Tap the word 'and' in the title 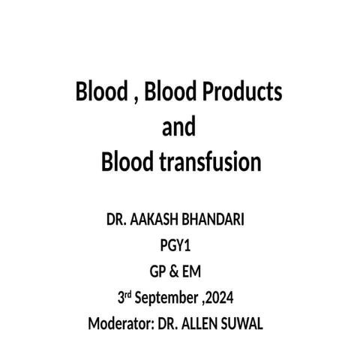[179, 127]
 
